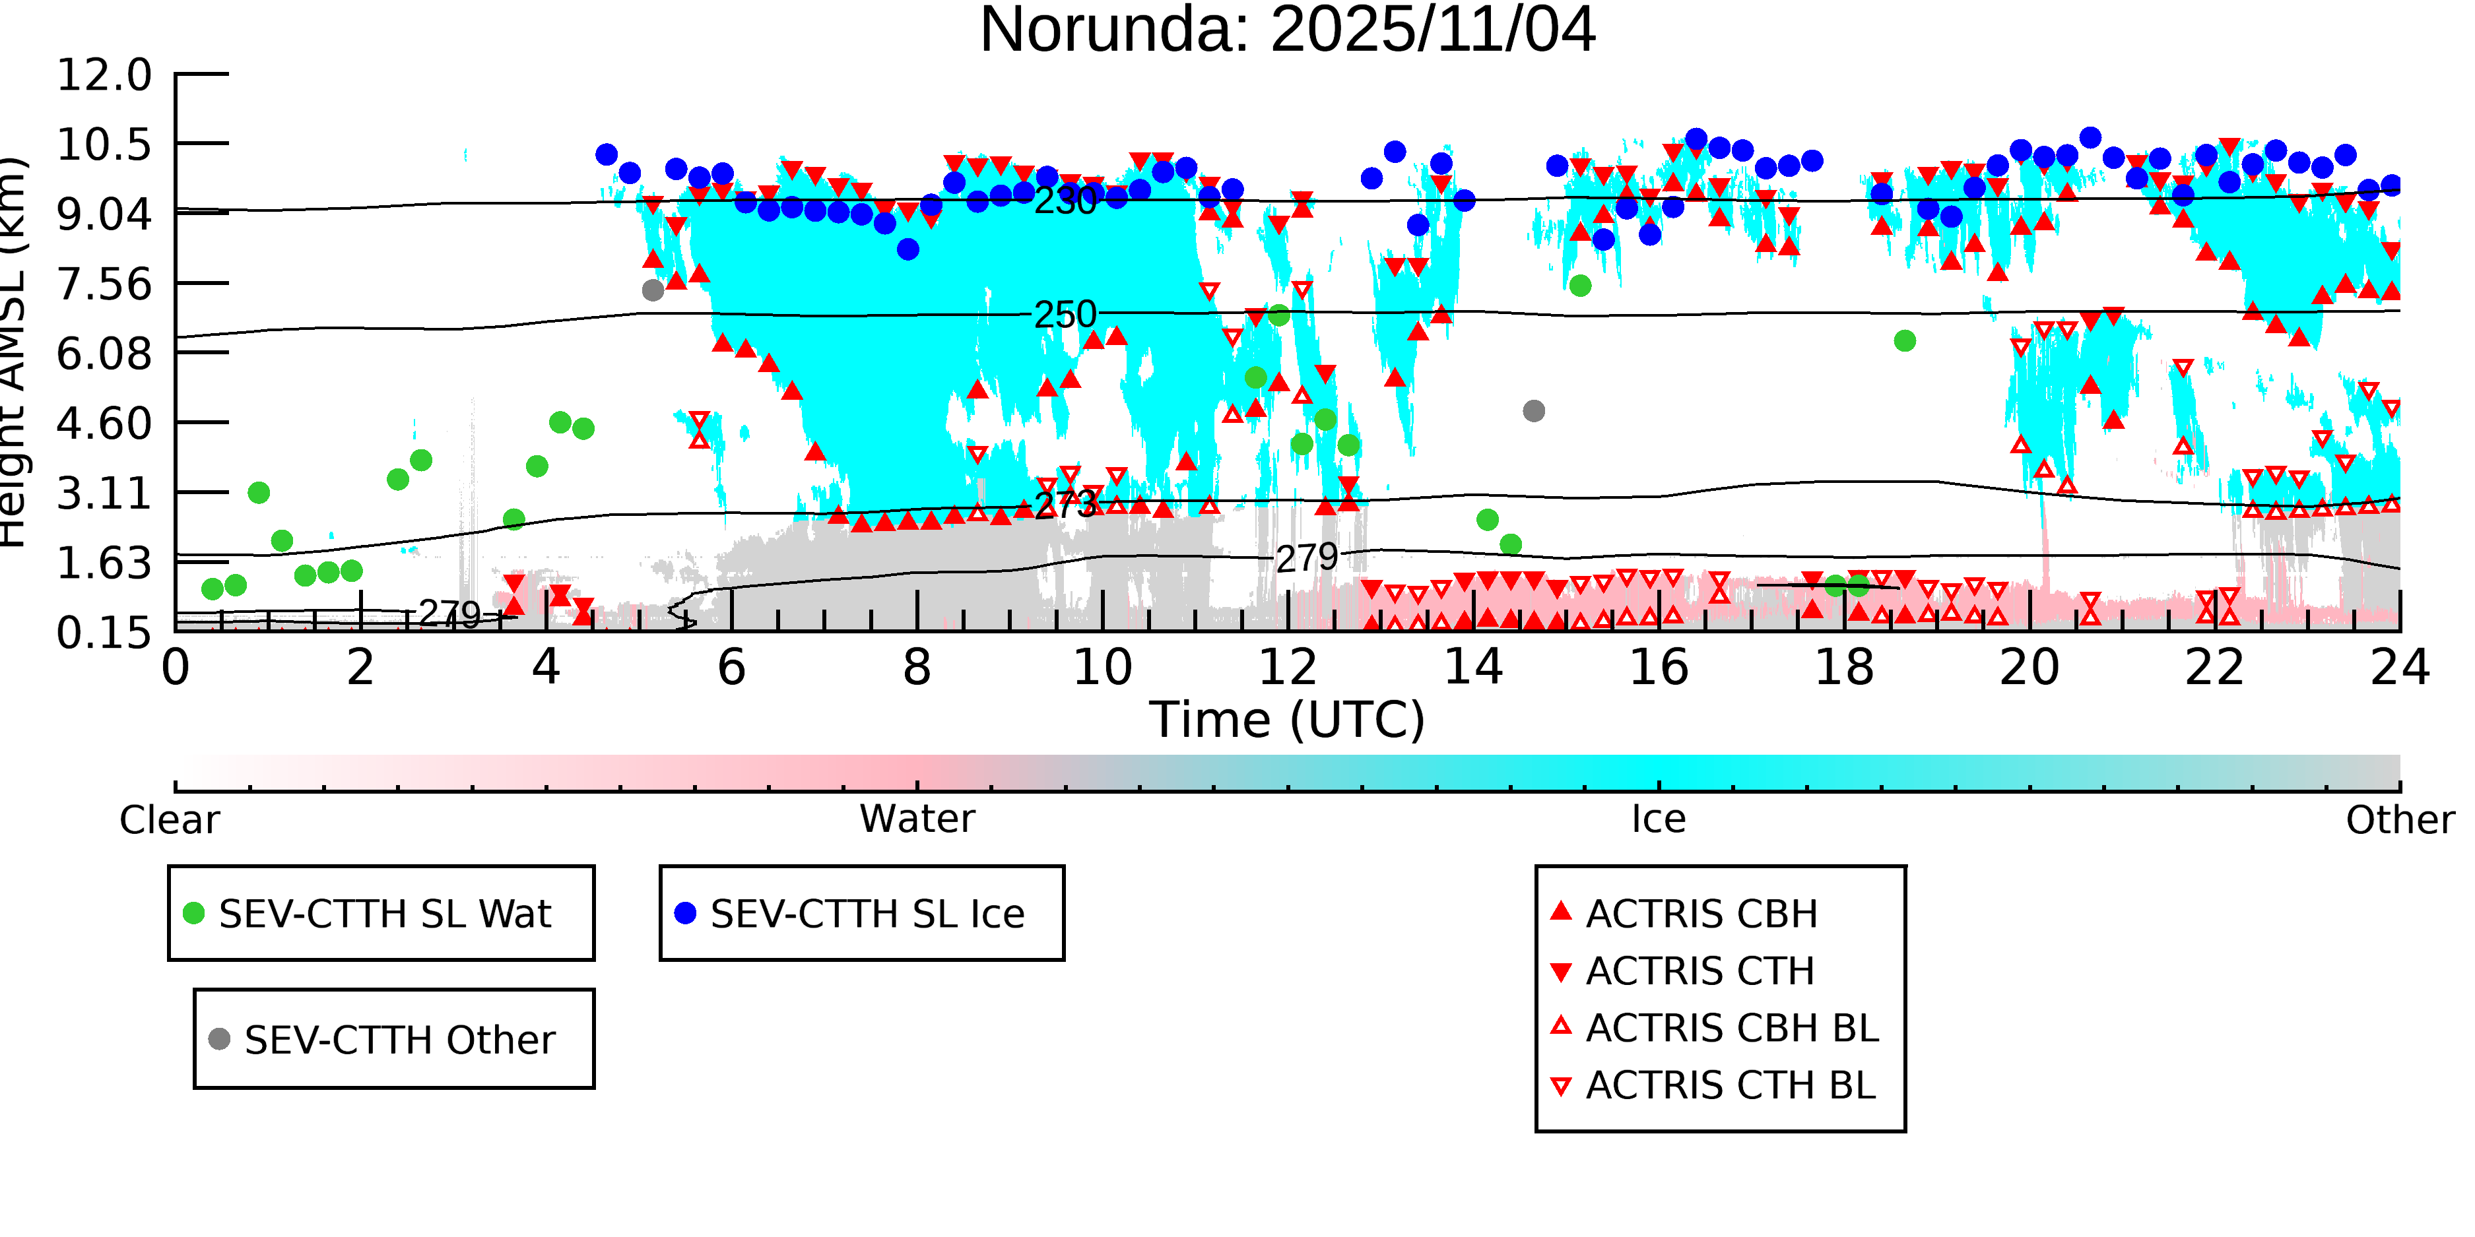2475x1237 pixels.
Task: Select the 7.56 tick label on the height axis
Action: click(x=104, y=284)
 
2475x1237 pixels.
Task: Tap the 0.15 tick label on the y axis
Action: click(x=104, y=633)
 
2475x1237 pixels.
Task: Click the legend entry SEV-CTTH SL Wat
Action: click(x=384, y=913)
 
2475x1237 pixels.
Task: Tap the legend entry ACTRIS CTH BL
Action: click(x=1729, y=1085)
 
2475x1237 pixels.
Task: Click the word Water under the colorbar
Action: click(x=917, y=819)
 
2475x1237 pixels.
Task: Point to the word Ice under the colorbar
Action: click(x=1659, y=819)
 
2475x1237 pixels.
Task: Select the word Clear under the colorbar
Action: click(x=169, y=820)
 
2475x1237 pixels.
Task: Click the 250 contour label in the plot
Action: click(x=1065, y=315)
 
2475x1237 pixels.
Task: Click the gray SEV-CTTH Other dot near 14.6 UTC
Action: click(x=1533, y=411)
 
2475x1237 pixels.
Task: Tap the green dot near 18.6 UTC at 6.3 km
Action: click(x=1904, y=341)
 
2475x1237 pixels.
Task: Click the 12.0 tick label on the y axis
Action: click(x=104, y=75)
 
